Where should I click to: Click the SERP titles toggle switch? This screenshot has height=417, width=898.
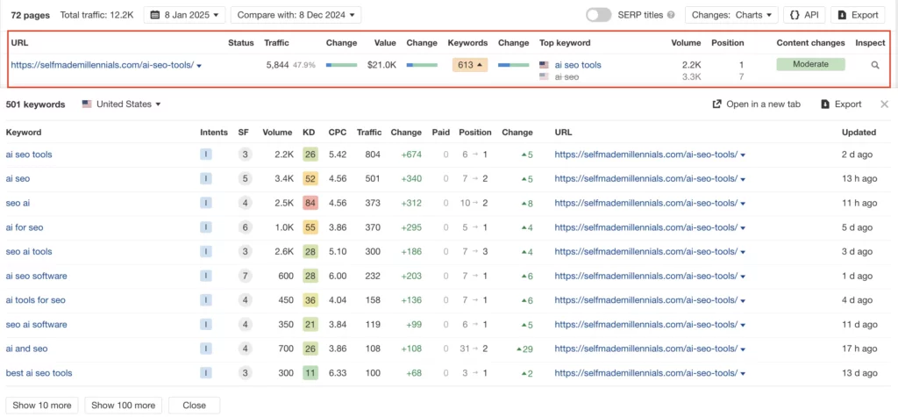tap(598, 15)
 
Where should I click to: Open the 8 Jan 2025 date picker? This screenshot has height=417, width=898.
tap(184, 15)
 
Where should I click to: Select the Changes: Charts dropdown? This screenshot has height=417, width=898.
tap(731, 15)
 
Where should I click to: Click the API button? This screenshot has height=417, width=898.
tap(804, 15)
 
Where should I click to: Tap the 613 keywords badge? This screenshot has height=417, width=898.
tap(470, 65)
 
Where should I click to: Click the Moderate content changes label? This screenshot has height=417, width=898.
tap(809, 65)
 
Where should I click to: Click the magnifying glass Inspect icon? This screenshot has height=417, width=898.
tap(874, 65)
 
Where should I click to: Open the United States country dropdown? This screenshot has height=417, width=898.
tap(122, 104)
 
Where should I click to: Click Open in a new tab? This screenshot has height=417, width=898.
tap(757, 104)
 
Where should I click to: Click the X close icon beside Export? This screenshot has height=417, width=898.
tap(884, 104)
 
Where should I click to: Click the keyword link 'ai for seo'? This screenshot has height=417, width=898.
tap(25, 227)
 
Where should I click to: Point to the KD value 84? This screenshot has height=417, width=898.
tap(310, 203)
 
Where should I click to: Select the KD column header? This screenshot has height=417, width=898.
tap(309, 133)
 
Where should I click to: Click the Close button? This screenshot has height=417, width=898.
tap(194, 406)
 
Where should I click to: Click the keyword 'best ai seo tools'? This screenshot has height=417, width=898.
tap(39, 373)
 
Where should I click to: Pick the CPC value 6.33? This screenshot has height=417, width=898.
tap(338, 373)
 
